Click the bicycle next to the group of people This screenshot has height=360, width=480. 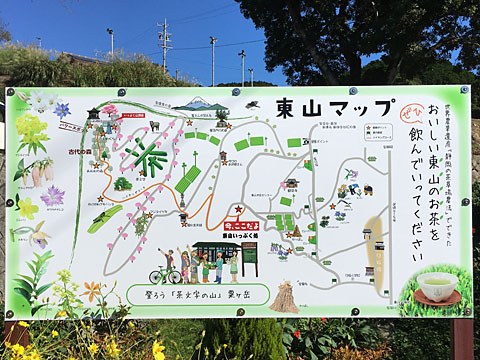(x=164, y=273)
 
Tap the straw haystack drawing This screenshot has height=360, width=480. (x=286, y=296)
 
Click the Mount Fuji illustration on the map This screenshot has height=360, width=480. (x=200, y=104)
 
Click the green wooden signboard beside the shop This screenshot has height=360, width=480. (x=249, y=258)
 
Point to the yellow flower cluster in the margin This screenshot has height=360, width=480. (x=30, y=130)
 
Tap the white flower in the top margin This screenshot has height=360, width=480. (x=40, y=101)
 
